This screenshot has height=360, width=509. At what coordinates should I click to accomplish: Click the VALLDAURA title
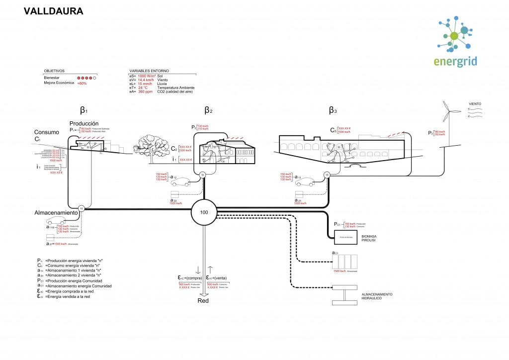click(54, 10)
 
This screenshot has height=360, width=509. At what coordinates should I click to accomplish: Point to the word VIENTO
click(474, 104)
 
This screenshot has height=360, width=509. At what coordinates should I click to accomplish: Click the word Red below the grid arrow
click(203, 301)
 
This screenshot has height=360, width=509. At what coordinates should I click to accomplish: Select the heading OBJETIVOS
click(54, 71)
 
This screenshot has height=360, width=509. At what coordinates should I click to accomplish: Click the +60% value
click(82, 83)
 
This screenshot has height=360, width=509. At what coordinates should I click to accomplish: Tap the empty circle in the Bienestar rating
click(94, 78)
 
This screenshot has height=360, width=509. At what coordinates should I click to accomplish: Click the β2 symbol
click(208, 110)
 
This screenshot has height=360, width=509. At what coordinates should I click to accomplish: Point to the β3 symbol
click(333, 110)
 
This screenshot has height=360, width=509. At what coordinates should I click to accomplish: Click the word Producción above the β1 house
click(84, 123)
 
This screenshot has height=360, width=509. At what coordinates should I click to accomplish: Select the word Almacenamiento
click(57, 212)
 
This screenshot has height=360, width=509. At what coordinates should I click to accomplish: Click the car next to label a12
click(181, 181)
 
